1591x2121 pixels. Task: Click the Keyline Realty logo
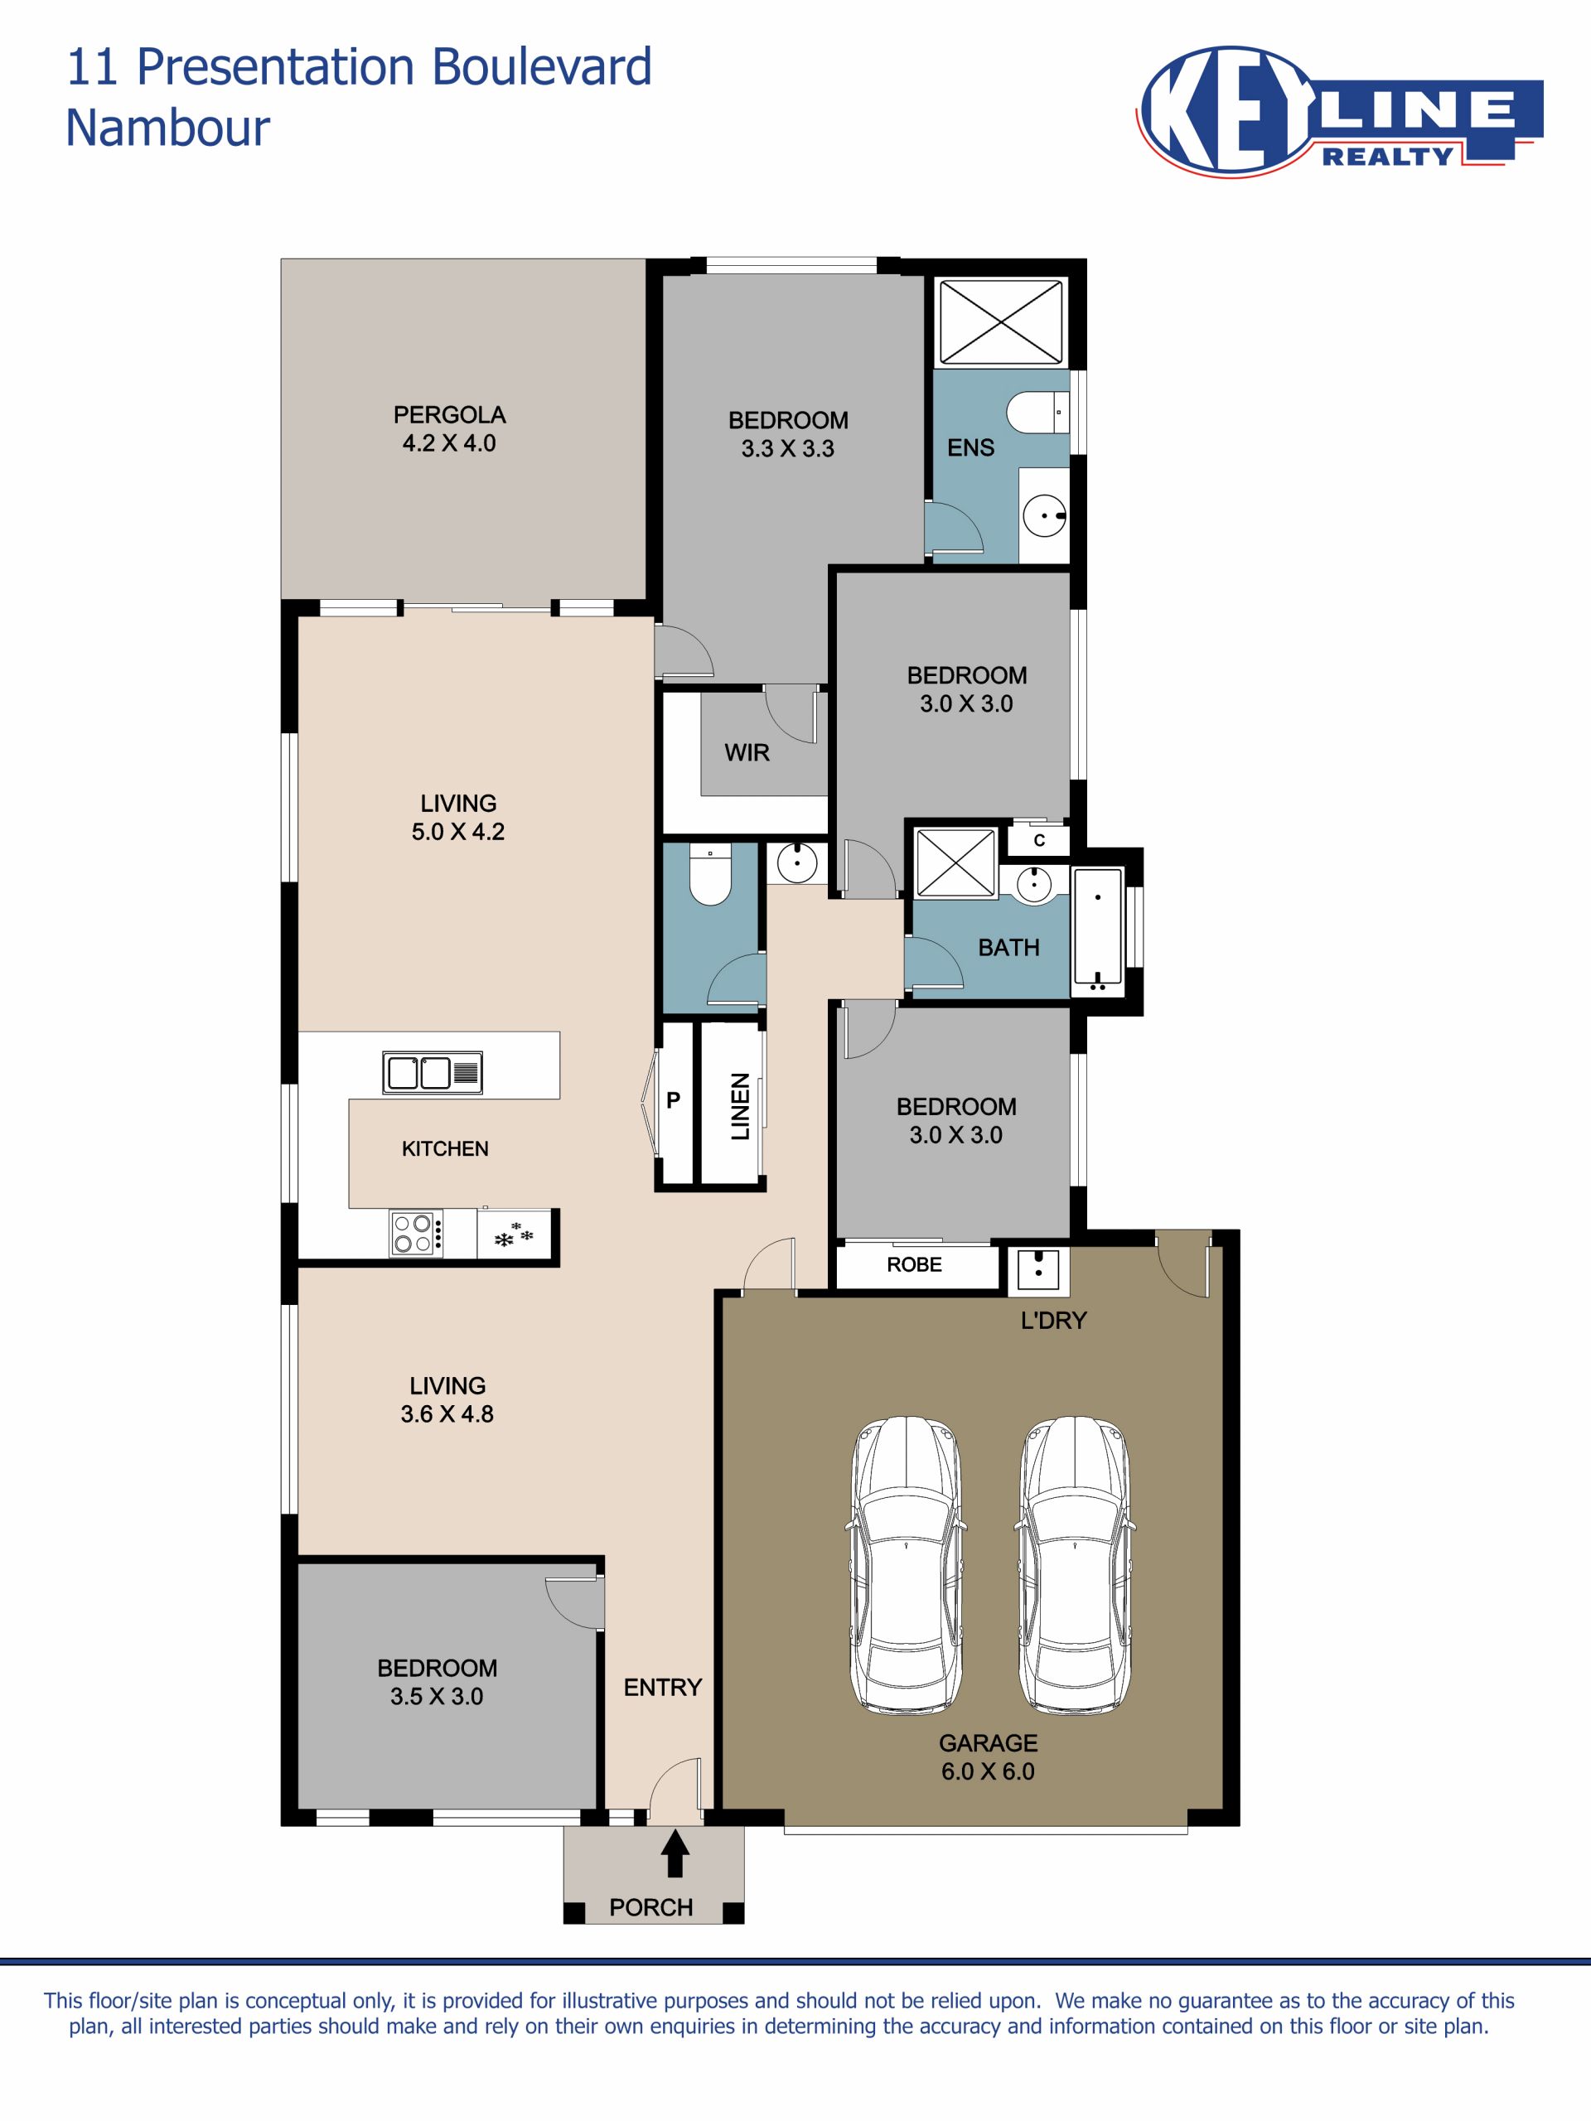[1339, 112]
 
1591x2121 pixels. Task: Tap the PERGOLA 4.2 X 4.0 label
[449, 428]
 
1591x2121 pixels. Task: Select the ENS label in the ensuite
[970, 447]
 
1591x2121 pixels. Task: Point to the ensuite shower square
[999, 321]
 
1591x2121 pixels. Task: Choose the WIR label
[747, 752]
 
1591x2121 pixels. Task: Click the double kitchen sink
[433, 1073]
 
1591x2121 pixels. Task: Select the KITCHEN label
[445, 1148]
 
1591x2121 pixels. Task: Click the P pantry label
[673, 1101]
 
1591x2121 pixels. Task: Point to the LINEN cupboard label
[739, 1107]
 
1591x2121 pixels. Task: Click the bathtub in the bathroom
[1098, 929]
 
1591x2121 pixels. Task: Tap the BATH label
[1009, 947]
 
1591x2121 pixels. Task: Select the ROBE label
[914, 1265]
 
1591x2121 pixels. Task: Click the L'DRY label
[1054, 1321]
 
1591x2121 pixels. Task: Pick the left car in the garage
[906, 1565]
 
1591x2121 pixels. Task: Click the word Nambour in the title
[168, 128]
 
